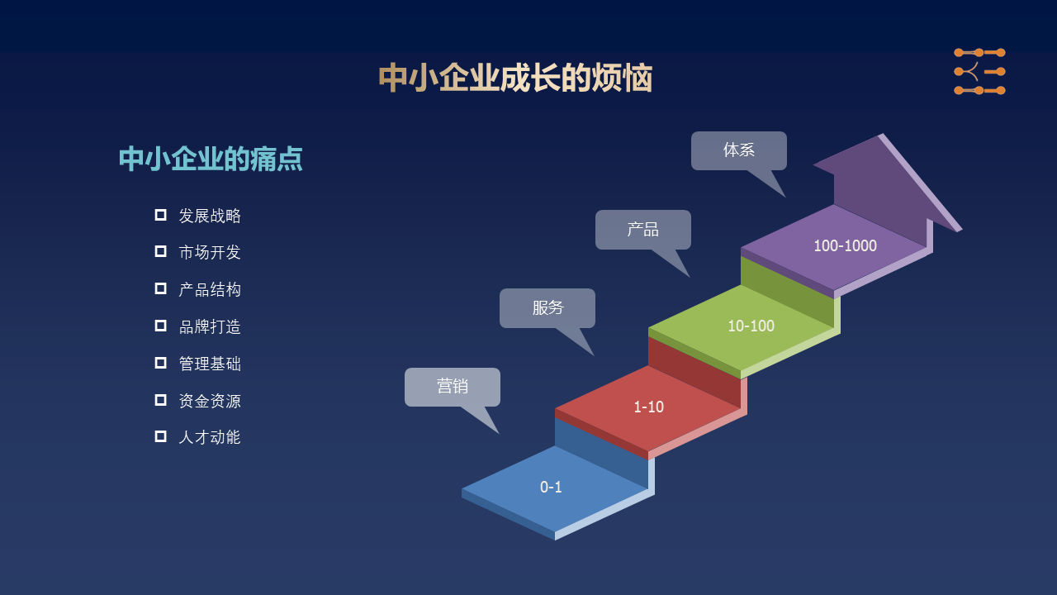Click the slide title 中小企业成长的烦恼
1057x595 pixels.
[x=515, y=78]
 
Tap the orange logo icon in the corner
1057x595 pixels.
[x=979, y=71]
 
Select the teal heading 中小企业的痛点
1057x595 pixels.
[x=211, y=159]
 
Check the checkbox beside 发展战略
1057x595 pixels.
[x=160, y=215]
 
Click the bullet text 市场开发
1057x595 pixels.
[x=210, y=252]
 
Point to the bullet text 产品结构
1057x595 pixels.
[x=210, y=289]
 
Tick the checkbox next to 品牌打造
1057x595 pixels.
[x=160, y=326]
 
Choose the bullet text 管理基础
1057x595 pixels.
[x=210, y=364]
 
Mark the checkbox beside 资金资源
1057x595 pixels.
[x=160, y=400]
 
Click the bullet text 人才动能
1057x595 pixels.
[x=210, y=437]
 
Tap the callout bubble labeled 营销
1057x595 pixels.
[x=452, y=388]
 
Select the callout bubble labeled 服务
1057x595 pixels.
[x=547, y=308]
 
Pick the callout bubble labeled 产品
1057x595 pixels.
[x=643, y=230]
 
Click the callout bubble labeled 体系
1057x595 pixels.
[x=739, y=150]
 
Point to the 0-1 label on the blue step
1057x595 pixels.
[x=551, y=487]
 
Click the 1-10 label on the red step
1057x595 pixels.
[x=649, y=407]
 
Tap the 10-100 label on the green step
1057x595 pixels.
[x=751, y=326]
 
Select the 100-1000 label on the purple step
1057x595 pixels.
[x=845, y=245]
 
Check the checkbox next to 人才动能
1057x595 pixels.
[x=160, y=436]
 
